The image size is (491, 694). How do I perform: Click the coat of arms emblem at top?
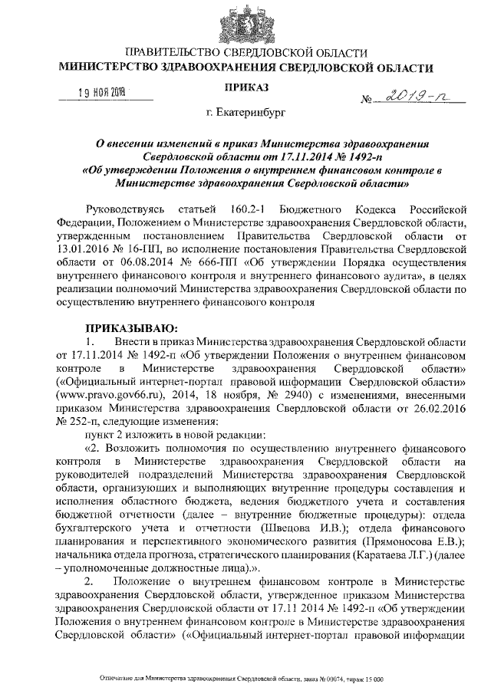(245, 24)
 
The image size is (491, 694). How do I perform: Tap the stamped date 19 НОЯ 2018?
(102, 94)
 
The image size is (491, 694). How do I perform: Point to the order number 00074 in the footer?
(334, 679)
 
